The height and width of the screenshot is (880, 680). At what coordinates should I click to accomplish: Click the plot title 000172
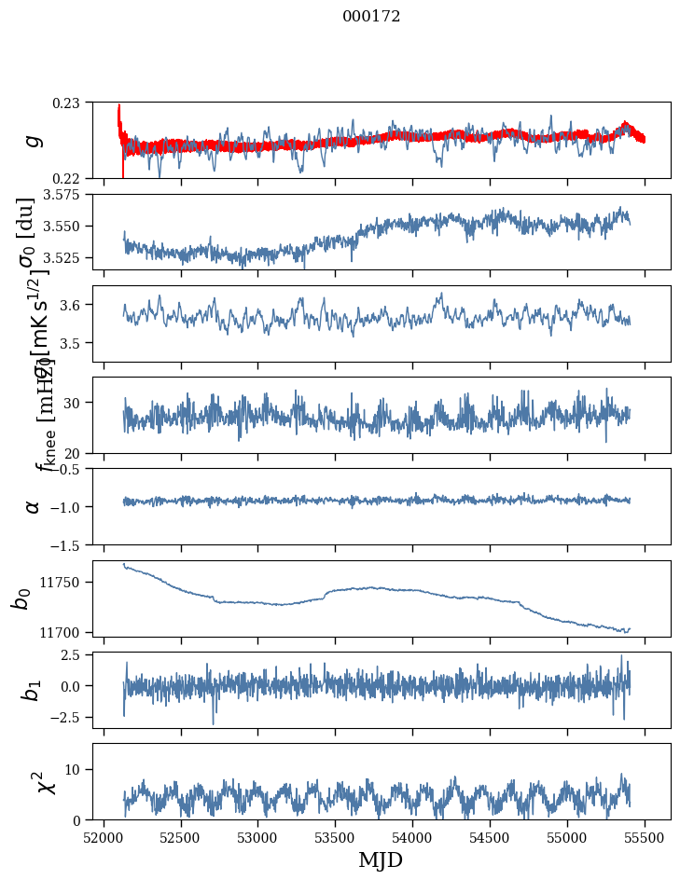tap(371, 17)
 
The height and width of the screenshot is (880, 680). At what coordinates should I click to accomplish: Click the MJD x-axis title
tap(381, 859)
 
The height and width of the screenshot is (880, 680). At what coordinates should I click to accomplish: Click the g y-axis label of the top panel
tap(33, 140)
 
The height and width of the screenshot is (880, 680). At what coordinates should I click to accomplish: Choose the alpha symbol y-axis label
tap(33, 506)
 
